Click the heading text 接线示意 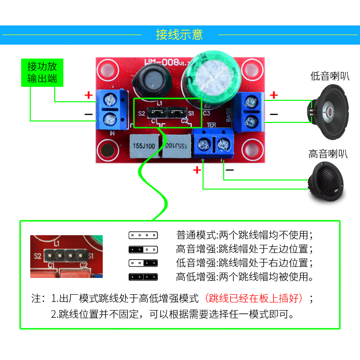pos(180,35)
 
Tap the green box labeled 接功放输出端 pos(42,72)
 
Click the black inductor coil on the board pos(151,79)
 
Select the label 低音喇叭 pos(329,76)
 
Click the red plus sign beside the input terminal pos(88,95)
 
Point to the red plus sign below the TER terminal pos(197,170)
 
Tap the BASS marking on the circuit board pos(228,115)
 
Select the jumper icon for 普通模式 pos(143,236)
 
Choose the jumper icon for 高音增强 pos(143,250)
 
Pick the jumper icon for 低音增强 pos(143,263)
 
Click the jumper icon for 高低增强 pos(143,277)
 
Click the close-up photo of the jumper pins pos(67,256)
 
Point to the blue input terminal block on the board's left pos(109,109)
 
